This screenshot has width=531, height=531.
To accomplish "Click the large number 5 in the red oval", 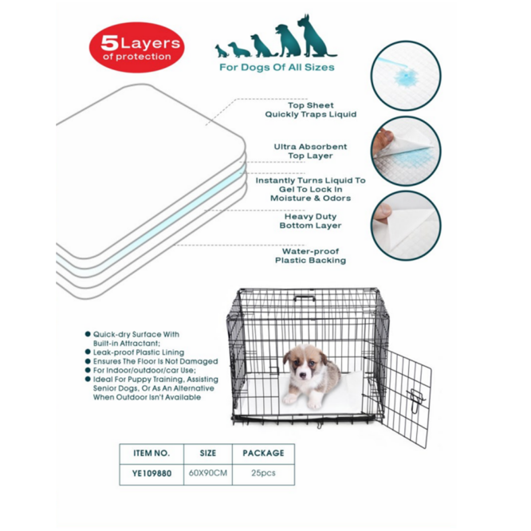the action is click(109, 43).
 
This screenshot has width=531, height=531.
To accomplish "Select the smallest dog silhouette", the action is click(221, 51).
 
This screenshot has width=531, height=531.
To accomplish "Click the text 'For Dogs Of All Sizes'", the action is click(277, 67).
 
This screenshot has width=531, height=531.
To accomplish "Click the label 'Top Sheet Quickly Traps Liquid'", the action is click(310, 110).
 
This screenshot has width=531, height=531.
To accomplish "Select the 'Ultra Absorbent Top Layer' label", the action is click(310, 151).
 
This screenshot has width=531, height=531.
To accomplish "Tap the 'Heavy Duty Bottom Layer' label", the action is click(310, 221).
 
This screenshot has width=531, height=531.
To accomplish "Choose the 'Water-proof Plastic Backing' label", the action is click(310, 256).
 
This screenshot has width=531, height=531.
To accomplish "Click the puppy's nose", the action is click(304, 375).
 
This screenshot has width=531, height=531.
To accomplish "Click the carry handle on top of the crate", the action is click(305, 298).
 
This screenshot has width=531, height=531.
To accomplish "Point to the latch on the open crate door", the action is click(416, 401).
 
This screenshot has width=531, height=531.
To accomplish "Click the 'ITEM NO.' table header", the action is click(151, 453).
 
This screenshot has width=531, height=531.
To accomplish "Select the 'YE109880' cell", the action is click(151, 473).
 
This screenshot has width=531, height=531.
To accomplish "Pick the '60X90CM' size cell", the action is click(208, 473).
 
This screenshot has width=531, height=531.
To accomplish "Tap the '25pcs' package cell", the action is click(263, 473).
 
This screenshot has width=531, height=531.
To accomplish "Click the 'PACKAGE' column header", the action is click(263, 453).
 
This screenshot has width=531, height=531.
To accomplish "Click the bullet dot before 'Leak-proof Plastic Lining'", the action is click(88, 352).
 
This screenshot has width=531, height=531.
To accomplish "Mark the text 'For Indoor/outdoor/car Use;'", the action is click(144, 370).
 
